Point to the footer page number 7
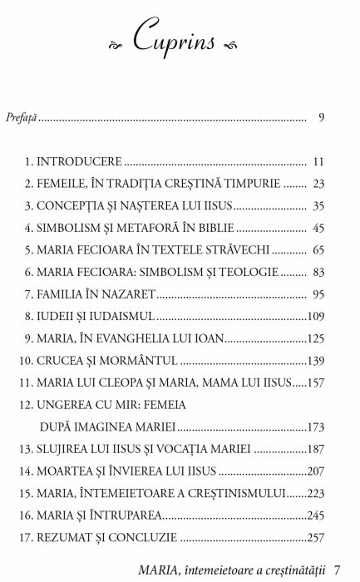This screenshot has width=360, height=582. [x=337, y=570]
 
